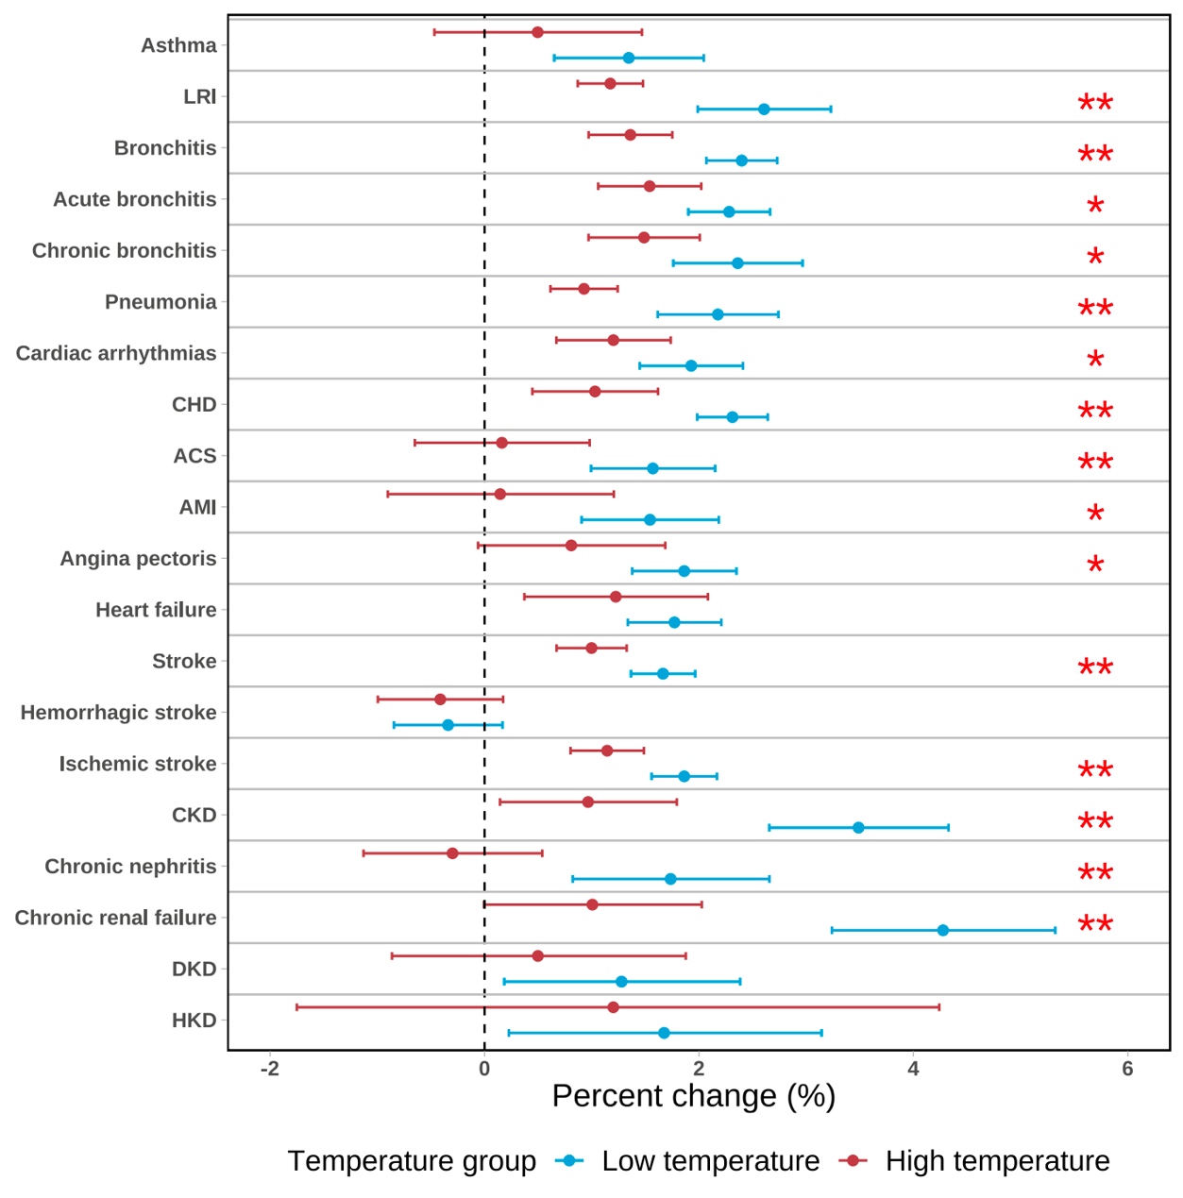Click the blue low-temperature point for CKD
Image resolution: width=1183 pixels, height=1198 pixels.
(x=858, y=828)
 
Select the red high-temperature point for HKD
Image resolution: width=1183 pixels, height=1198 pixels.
(x=614, y=1007)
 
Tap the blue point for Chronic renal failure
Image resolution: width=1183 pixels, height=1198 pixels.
(x=942, y=930)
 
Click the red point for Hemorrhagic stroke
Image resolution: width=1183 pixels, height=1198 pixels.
(x=440, y=700)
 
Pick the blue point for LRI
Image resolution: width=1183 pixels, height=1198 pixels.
(x=764, y=110)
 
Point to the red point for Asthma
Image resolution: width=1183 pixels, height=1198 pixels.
(x=537, y=32)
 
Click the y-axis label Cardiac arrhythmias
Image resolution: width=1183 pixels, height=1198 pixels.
(x=116, y=353)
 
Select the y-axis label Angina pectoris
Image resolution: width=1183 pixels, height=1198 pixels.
(x=138, y=558)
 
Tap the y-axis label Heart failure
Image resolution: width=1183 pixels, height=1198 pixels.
(x=156, y=610)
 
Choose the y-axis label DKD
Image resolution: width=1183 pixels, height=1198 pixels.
(x=194, y=969)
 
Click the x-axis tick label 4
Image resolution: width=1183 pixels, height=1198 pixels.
(x=913, y=1069)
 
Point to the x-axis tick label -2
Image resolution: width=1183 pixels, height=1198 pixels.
(x=270, y=1069)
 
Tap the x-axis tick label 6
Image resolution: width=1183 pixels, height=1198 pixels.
(x=1127, y=1069)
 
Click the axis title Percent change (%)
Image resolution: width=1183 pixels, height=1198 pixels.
(x=694, y=1096)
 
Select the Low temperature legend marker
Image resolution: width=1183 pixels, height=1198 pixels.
(x=569, y=1160)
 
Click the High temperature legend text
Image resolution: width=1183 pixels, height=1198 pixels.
(x=997, y=1160)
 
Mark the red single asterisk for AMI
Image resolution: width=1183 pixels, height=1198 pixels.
(x=1095, y=515)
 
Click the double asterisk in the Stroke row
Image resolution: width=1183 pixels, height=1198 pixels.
(x=1095, y=668)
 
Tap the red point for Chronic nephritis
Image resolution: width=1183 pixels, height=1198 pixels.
(x=452, y=853)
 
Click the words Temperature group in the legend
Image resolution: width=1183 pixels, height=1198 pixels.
(x=412, y=1160)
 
